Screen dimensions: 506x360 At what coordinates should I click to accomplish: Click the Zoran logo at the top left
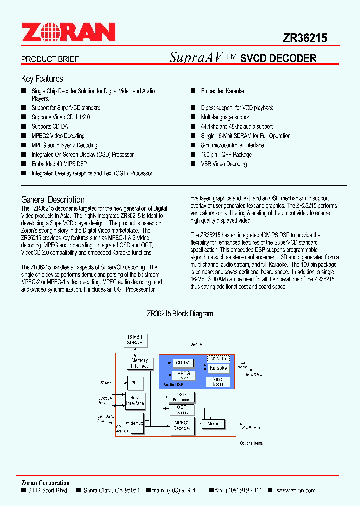point(68,33)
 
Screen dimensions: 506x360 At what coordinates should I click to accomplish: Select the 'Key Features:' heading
point(43,79)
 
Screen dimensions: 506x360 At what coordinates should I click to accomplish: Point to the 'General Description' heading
point(53,199)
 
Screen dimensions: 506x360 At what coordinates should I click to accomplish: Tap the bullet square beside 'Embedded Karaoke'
point(192,91)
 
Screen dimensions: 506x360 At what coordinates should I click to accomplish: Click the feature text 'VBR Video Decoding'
point(224,164)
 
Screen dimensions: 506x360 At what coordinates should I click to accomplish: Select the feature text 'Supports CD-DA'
point(50,126)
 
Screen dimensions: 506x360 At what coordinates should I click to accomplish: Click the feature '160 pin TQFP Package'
point(226,155)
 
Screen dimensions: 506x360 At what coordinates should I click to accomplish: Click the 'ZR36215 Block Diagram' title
point(180,314)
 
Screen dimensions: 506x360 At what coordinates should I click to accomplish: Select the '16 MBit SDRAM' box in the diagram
point(134,340)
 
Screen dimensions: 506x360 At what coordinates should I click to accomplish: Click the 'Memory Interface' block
point(140,363)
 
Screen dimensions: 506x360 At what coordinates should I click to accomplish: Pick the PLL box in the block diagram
point(134,383)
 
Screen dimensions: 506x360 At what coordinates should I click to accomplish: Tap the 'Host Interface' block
point(135,400)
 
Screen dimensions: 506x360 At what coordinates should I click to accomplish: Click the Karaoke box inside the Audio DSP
point(218,368)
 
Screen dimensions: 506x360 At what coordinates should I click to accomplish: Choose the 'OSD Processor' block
point(181,397)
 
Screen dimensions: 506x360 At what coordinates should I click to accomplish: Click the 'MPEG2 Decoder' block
point(182,425)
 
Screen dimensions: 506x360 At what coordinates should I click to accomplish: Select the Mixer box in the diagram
point(213,423)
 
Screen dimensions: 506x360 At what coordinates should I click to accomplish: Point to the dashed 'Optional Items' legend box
point(251,443)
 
